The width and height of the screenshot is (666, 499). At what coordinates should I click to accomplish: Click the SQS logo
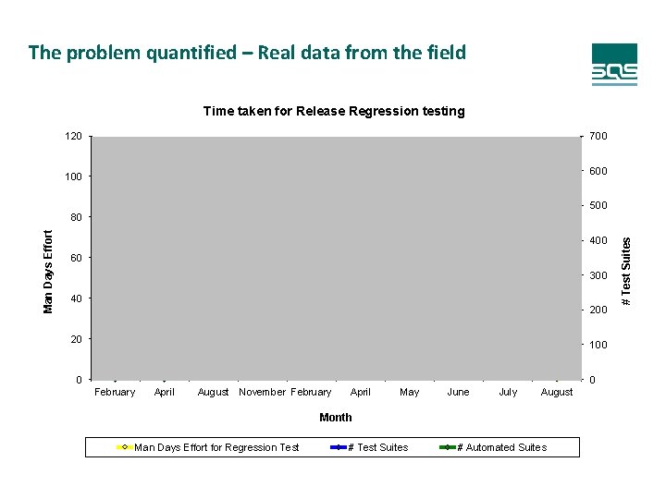[x=614, y=65]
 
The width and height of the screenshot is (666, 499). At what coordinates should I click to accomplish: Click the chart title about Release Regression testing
[x=334, y=111]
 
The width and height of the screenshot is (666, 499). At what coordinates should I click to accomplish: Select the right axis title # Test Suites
[x=626, y=272]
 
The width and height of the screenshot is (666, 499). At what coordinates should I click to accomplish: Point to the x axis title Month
[x=335, y=418]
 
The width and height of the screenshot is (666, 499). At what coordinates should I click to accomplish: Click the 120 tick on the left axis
[x=73, y=137]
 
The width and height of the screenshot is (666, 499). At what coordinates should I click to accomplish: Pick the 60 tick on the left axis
[x=76, y=258]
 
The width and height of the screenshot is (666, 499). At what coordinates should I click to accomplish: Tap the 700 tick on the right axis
[x=598, y=137]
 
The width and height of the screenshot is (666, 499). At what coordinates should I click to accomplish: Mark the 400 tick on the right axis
[x=598, y=241]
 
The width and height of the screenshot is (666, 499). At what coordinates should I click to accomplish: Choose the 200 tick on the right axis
[x=598, y=310]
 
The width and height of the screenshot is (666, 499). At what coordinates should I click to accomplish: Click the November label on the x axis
[x=262, y=393]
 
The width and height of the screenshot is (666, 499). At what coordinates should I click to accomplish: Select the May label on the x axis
[x=409, y=393]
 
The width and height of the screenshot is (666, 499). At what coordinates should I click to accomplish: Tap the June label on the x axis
[x=458, y=393]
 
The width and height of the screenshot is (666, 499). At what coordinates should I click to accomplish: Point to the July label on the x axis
[x=508, y=393]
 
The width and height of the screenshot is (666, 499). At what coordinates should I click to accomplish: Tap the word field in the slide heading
[x=446, y=53]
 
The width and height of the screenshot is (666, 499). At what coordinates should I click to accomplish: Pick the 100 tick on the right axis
[x=598, y=345]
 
